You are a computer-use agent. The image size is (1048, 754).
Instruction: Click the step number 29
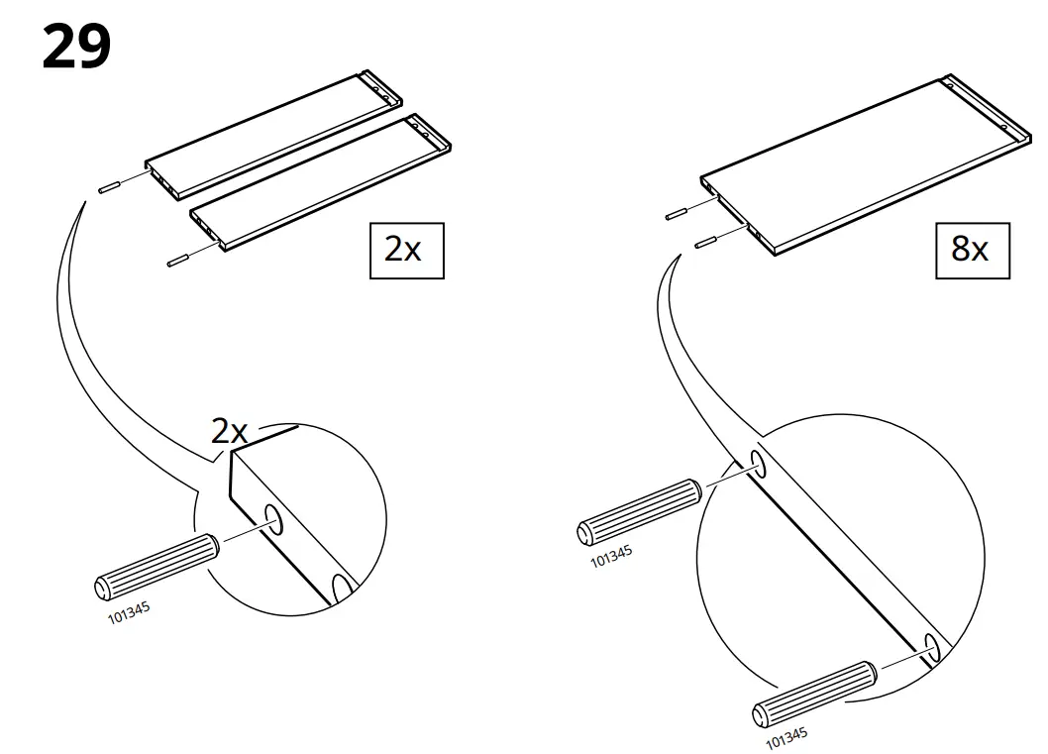click(76, 47)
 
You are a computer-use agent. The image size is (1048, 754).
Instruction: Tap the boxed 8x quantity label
click(972, 251)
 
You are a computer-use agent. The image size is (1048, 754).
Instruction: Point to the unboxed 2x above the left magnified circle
click(230, 431)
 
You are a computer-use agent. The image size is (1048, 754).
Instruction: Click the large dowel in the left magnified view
click(156, 567)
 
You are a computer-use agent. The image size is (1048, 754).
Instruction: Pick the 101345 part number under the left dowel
click(129, 611)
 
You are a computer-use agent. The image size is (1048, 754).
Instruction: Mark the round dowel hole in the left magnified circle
click(274, 520)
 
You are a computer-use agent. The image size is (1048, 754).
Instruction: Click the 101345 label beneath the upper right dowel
click(611, 556)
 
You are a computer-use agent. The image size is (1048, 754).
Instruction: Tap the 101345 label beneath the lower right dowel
click(786, 737)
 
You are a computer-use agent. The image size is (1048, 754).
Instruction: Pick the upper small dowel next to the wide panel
click(677, 211)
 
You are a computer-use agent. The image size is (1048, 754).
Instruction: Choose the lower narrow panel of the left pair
click(319, 183)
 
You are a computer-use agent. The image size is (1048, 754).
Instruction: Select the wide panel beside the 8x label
click(862, 164)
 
